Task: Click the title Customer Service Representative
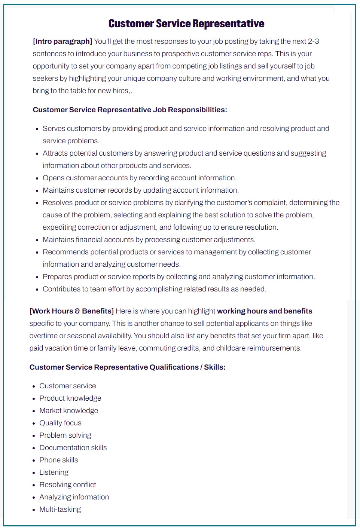(x=186, y=24)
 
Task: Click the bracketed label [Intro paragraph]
(x=62, y=41)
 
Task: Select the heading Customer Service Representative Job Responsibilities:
(x=130, y=110)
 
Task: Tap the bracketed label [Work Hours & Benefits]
(x=71, y=311)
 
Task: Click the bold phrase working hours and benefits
(x=265, y=311)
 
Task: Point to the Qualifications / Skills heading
(x=128, y=367)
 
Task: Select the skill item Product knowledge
(x=70, y=398)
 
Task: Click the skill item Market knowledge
(x=69, y=410)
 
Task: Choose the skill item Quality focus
(x=60, y=423)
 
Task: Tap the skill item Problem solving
(x=65, y=435)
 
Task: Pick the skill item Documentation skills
(x=73, y=447)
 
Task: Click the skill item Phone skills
(x=59, y=460)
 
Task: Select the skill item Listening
(x=54, y=472)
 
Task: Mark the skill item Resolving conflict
(x=68, y=484)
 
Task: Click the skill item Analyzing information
(x=74, y=497)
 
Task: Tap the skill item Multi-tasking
(x=60, y=509)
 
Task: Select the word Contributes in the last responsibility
(x=61, y=289)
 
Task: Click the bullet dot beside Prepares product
(x=37, y=277)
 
